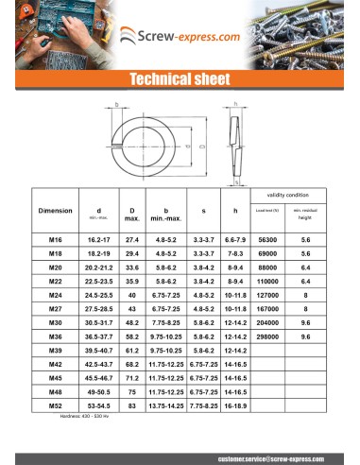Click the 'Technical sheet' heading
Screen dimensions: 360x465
[180, 78]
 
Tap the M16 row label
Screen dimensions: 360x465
[55, 241]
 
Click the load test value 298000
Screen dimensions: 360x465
[266, 336]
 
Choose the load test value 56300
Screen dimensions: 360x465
[266, 241]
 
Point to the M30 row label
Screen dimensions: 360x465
[55, 322]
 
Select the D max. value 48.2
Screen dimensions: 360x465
[132, 322]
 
